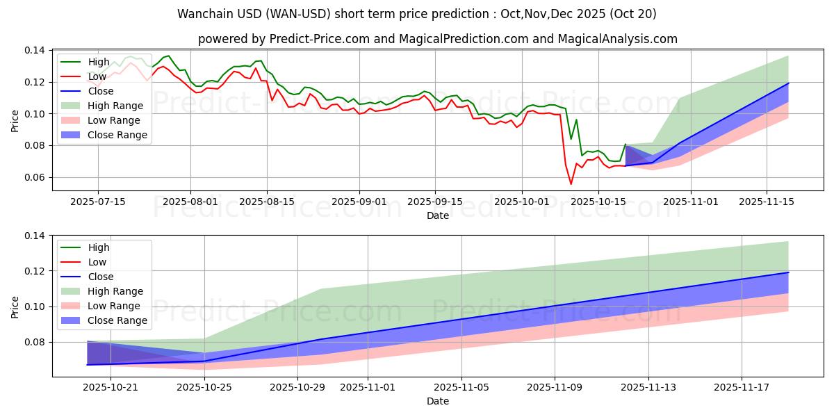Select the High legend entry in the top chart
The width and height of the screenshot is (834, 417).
(x=99, y=62)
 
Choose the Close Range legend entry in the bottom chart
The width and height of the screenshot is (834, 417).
(x=117, y=320)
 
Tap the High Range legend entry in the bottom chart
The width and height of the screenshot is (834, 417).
(x=115, y=291)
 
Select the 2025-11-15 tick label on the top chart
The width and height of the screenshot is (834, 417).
(x=767, y=201)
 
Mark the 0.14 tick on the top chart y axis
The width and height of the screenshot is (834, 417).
(x=35, y=51)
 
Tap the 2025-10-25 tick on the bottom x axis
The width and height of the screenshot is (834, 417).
(x=204, y=386)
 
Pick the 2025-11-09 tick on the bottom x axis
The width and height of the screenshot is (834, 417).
(x=555, y=386)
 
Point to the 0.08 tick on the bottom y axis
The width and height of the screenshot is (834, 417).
(x=35, y=343)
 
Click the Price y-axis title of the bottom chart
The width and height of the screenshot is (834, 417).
(x=15, y=306)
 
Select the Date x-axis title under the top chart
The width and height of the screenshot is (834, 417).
(x=438, y=215)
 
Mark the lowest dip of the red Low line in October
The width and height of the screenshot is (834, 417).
(x=571, y=183)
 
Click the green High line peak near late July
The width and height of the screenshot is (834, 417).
(x=167, y=56)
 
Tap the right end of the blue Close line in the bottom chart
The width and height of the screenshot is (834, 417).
(x=788, y=272)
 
